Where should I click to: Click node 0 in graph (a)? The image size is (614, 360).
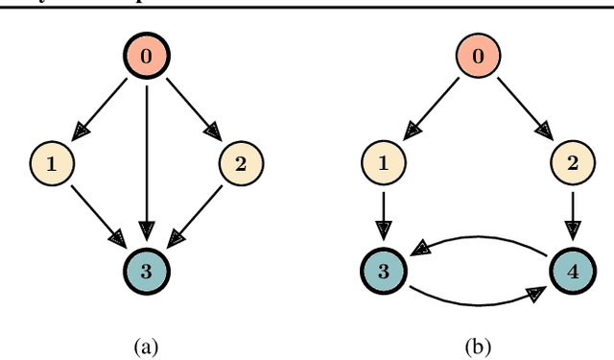click(146, 57)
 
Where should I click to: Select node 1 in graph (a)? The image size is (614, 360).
click(52, 163)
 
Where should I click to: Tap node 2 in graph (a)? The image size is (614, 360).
click(240, 163)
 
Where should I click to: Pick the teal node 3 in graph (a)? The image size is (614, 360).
click(146, 270)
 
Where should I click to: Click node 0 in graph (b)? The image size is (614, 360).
click(477, 57)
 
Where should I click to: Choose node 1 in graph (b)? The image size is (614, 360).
click(383, 163)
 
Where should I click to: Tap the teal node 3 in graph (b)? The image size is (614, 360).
click(383, 270)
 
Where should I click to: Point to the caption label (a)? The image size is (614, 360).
click(146, 343)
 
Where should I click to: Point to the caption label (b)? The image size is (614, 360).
click(477, 343)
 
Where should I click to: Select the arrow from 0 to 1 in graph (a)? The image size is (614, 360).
click(101, 108)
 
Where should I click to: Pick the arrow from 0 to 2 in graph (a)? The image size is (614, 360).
click(191, 108)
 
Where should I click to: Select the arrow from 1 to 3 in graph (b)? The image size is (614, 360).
click(383, 215)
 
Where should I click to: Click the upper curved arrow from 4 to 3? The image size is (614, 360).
click(477, 233)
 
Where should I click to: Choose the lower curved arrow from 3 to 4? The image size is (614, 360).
click(477, 305)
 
